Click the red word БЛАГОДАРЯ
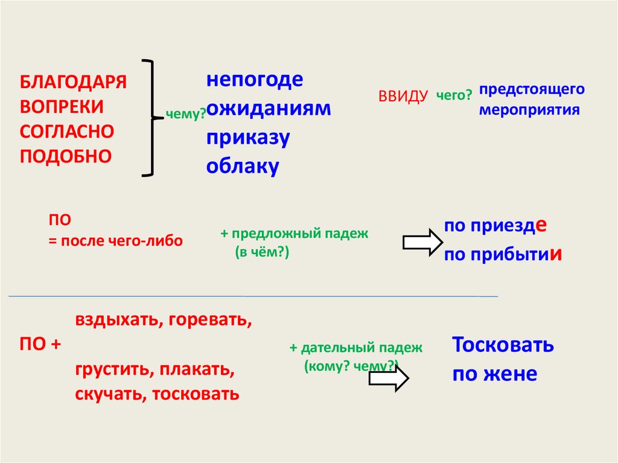tap(73, 82)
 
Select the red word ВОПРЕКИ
tap(62, 107)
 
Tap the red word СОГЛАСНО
tap(67, 131)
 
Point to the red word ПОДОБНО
tap(66, 156)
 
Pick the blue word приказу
tap(248, 138)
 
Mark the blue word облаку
tap(243, 166)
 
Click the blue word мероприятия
tap(529, 110)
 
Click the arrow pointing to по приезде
tap(422, 242)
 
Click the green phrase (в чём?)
tap(263, 254)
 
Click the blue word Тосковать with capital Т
tap(503, 345)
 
